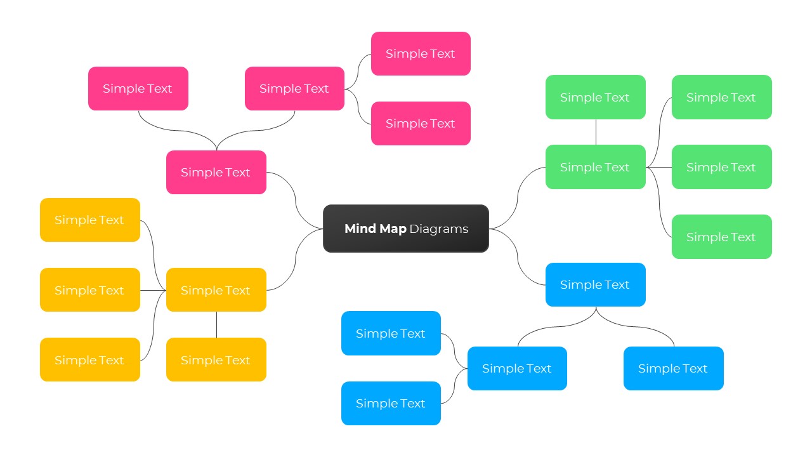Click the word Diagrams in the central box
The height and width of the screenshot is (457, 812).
pos(438,229)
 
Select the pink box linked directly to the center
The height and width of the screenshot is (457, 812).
pos(216,172)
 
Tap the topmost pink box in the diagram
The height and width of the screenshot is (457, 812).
pos(421,54)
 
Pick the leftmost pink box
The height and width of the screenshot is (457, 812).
pos(138,89)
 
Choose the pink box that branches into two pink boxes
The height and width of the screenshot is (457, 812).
pos(294,89)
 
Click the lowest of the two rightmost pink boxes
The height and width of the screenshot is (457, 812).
pos(421,124)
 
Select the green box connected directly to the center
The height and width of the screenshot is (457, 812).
pos(595,167)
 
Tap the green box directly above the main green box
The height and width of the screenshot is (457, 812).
pos(595,97)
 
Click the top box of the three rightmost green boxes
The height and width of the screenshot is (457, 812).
pos(721,97)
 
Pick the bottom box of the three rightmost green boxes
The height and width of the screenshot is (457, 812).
pos(721,237)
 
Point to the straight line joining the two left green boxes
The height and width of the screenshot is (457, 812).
pos(596,132)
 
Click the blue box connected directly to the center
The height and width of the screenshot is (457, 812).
pos(595,285)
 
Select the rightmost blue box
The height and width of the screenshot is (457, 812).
pos(673,368)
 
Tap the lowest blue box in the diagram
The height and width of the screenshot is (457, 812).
pos(391,403)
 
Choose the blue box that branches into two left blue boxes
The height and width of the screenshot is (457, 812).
pos(517,368)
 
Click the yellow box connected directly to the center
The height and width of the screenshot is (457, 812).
pos(216,290)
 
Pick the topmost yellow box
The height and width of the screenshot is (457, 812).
pos(89,220)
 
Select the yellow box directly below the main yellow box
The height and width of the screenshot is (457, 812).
pos(216,360)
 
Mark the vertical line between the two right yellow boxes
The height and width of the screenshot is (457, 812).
pos(216,324)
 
